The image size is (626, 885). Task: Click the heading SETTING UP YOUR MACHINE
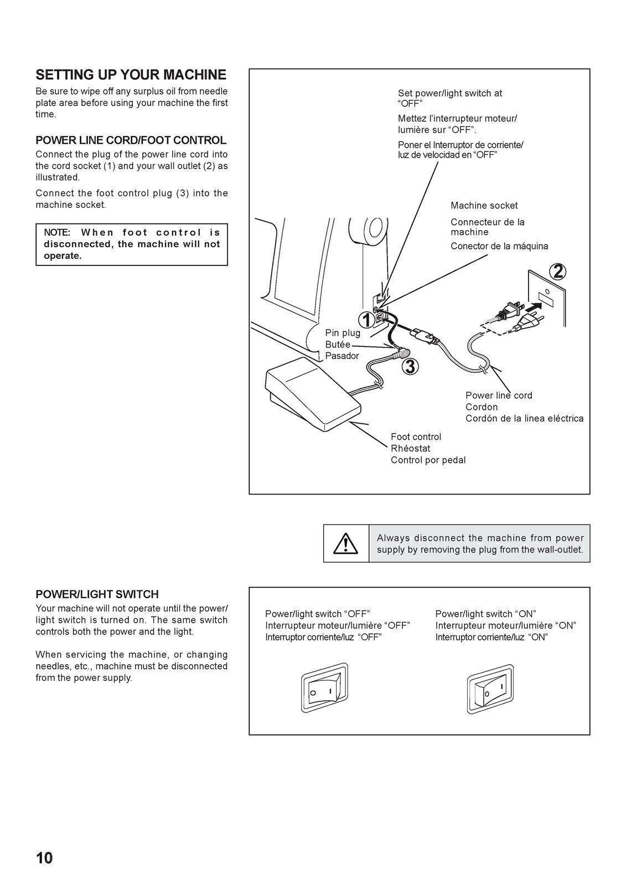131,75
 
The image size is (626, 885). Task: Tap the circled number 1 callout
366,320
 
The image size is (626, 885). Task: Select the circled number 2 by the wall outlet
557,271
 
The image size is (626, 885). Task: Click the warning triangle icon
345,544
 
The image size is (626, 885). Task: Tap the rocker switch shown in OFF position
324,688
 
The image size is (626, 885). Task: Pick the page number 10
44,858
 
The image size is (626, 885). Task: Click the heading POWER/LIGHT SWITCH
97,594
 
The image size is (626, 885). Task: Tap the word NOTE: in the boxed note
57,232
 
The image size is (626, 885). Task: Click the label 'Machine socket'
484,206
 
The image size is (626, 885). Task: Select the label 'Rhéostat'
410,448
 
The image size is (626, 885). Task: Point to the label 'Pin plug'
343,333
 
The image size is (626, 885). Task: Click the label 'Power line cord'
498,395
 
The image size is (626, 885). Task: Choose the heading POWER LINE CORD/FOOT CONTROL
131,140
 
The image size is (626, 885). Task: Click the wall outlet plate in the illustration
547,299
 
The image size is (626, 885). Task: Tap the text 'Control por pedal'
428,460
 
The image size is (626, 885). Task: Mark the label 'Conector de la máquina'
499,246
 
